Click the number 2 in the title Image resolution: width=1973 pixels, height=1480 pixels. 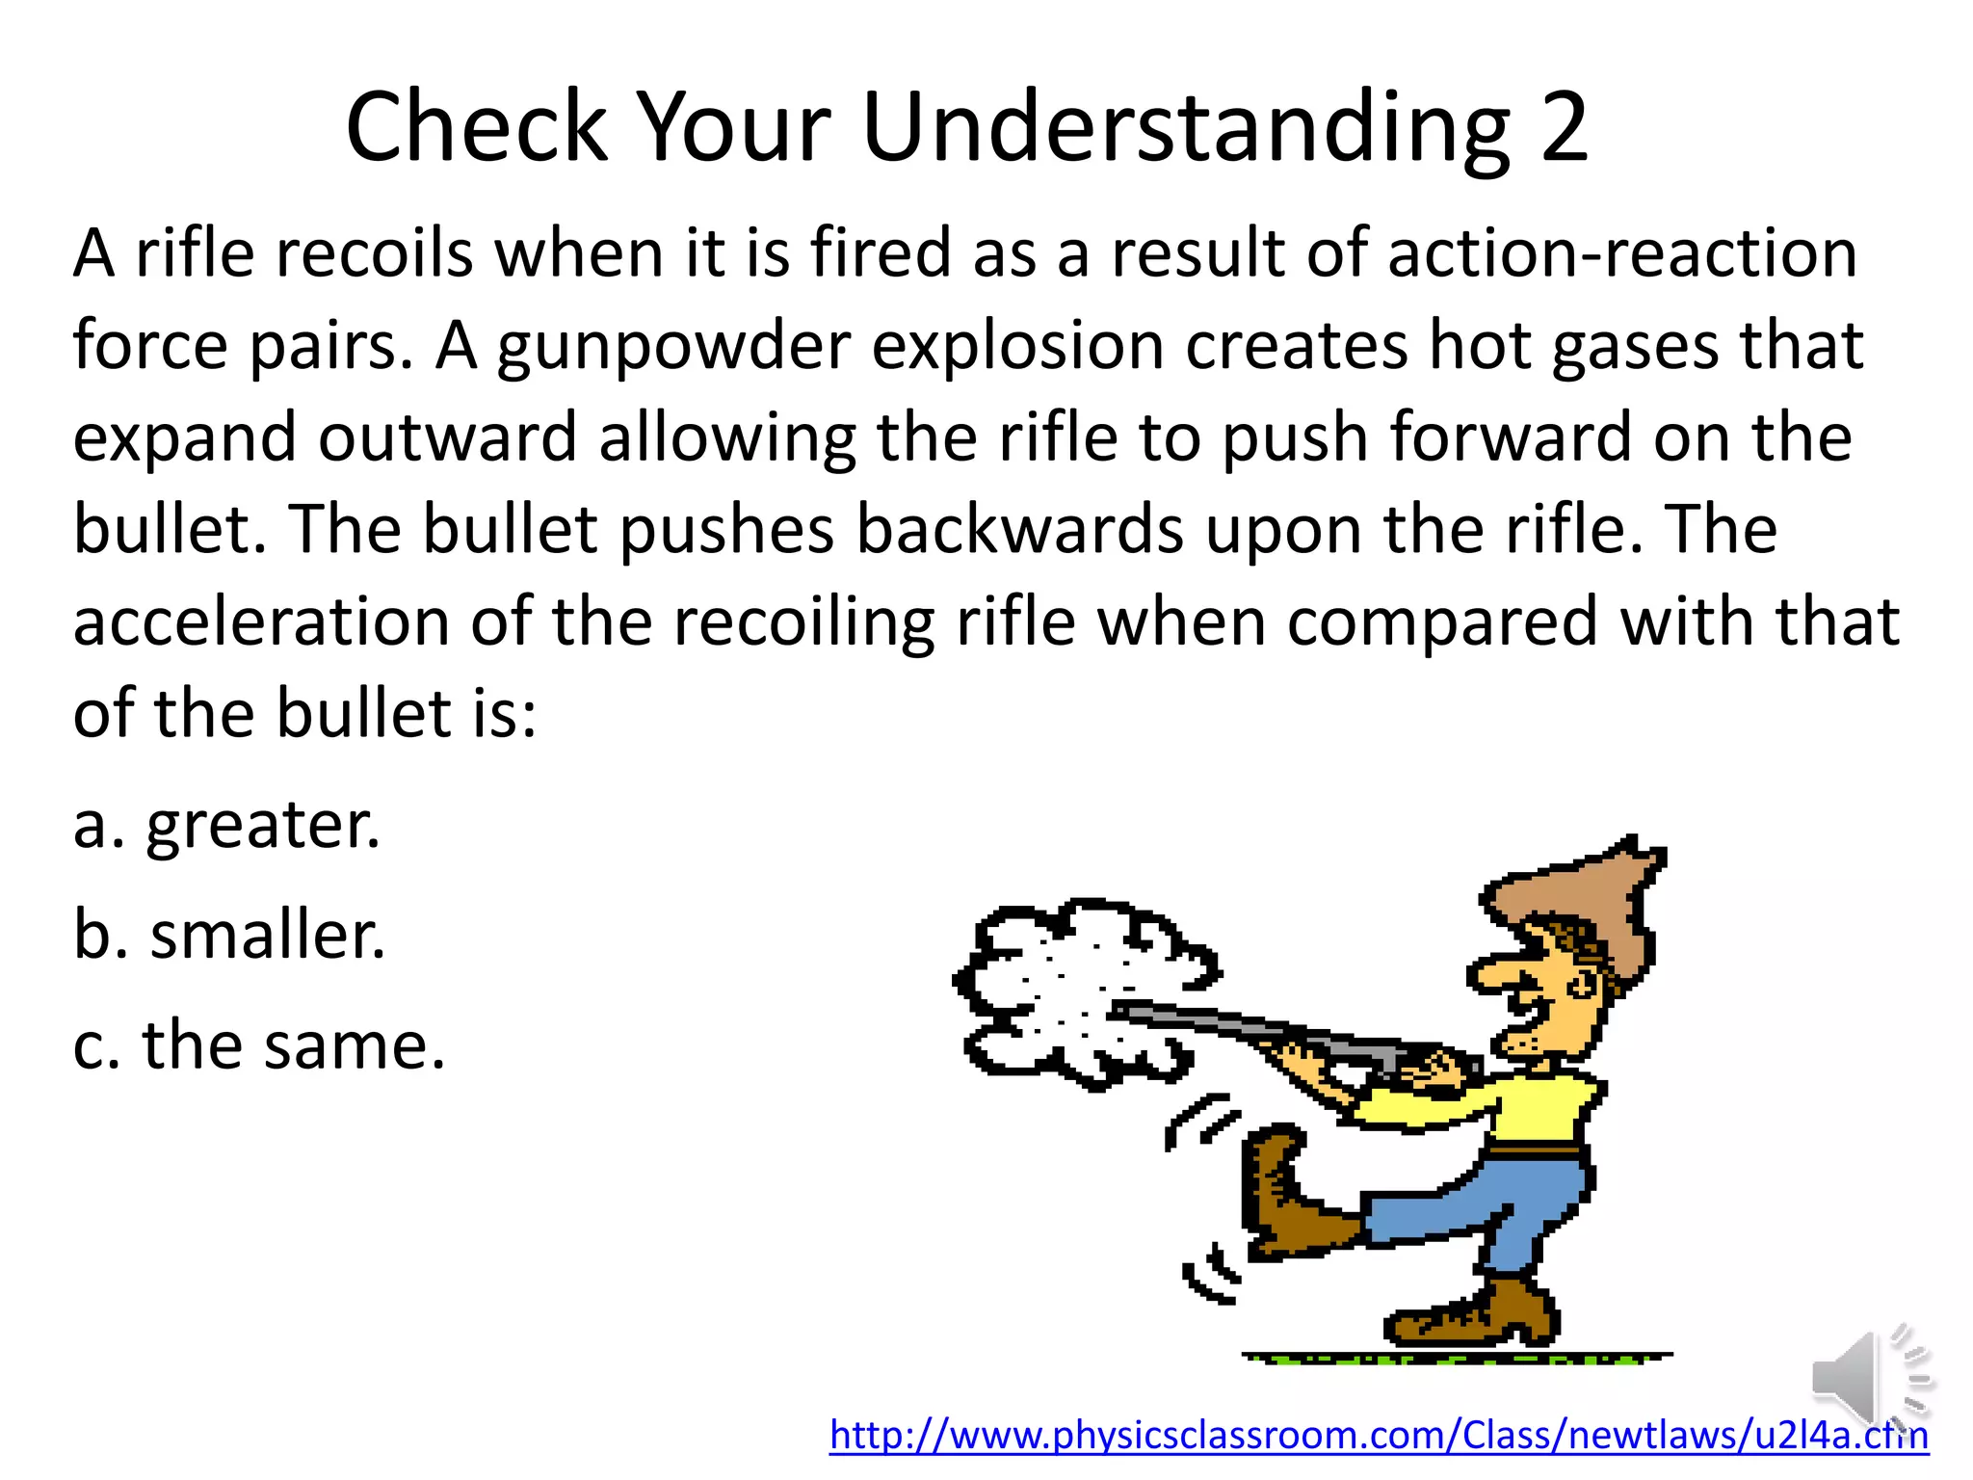click(x=1563, y=128)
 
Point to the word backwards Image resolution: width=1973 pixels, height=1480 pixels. click(x=1019, y=531)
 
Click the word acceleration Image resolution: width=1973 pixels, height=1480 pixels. click(x=261, y=621)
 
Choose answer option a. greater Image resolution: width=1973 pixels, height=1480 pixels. click(x=227, y=826)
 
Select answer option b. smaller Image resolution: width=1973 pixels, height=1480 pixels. click(x=229, y=936)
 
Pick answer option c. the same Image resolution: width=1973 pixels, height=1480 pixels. click(x=259, y=1045)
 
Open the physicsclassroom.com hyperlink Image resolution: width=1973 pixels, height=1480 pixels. click(x=1378, y=1436)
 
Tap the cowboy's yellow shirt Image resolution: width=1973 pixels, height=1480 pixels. click(x=1503, y=1108)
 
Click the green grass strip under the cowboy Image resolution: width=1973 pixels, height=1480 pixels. click(x=1455, y=1359)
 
